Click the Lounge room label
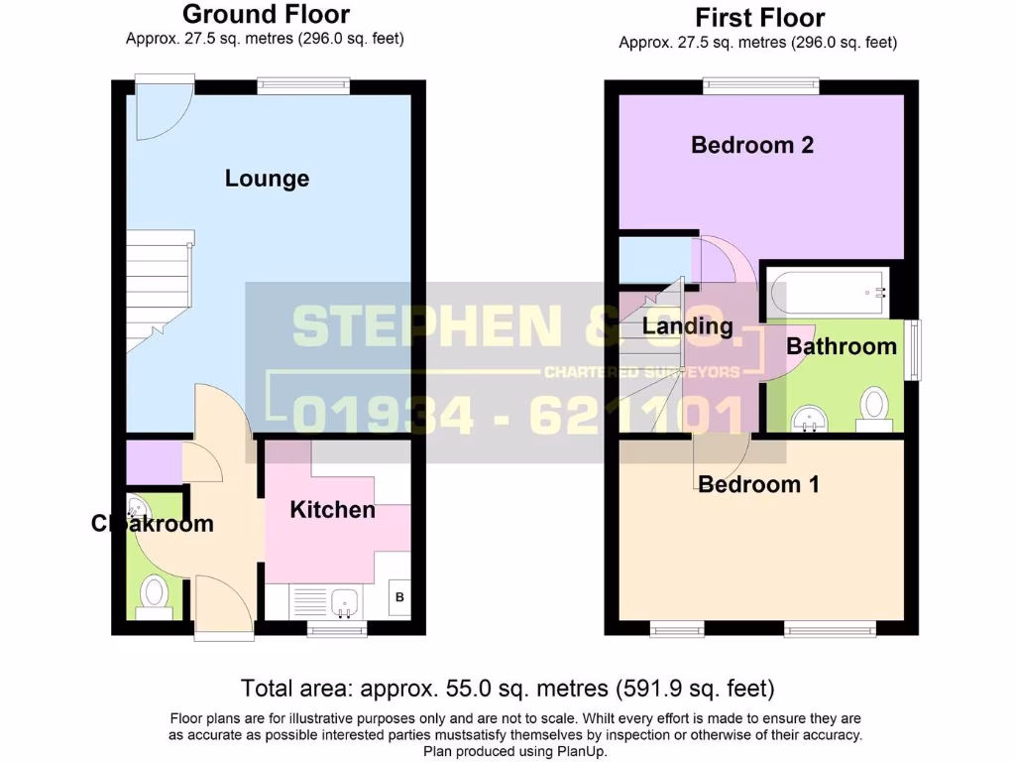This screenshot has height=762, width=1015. (x=267, y=179)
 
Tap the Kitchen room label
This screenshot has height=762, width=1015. (x=332, y=510)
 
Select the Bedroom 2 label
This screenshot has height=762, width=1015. (x=752, y=145)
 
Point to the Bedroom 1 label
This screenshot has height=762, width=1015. (x=758, y=484)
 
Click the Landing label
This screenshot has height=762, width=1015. (x=687, y=325)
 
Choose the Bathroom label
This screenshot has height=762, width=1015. (x=842, y=346)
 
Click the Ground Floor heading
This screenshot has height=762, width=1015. (x=266, y=14)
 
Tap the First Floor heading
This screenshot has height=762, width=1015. (x=759, y=18)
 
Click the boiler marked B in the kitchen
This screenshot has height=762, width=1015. (x=399, y=597)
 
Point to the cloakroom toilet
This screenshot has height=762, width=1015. (x=154, y=595)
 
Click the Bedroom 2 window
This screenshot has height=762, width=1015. (x=761, y=86)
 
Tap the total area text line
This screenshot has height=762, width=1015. (x=507, y=689)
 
